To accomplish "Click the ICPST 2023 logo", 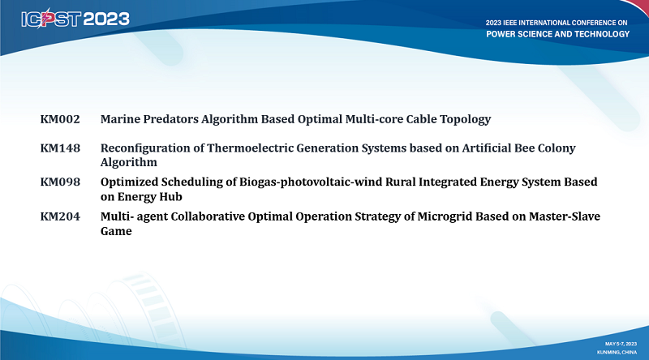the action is [x=75, y=19].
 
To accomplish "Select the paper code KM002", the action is [x=60, y=119].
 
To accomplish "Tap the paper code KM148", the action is [x=60, y=148].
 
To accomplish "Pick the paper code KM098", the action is [x=60, y=182].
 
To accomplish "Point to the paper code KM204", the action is [x=60, y=216].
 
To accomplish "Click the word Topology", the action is [x=465, y=120].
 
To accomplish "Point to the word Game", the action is [x=116, y=231].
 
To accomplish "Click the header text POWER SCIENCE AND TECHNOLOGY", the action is [x=557, y=34].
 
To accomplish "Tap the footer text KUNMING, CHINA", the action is [x=617, y=352].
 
